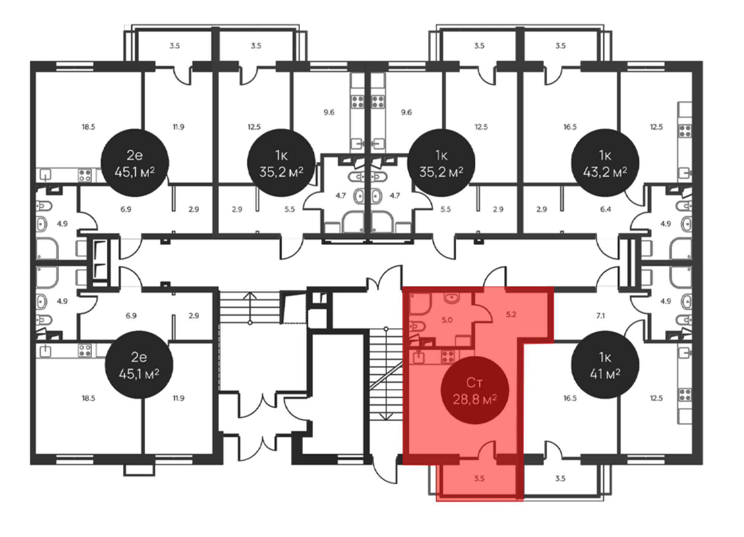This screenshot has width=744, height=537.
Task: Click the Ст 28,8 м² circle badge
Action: point(474,390)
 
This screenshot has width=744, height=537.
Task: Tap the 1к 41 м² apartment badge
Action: point(605,365)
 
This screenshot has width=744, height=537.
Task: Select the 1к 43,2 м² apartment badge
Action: point(605,163)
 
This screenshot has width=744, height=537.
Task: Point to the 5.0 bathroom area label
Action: point(447,320)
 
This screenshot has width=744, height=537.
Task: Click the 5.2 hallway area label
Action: point(511,314)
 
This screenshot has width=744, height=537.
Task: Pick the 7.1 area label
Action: point(600,316)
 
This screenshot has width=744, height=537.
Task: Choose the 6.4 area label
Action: point(605,209)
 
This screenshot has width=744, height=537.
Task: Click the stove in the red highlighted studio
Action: point(448,357)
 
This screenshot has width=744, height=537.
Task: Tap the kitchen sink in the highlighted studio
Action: point(419,357)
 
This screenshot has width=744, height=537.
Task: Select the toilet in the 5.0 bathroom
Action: point(417,327)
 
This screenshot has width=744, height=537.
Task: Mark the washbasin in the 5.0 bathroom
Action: point(452,298)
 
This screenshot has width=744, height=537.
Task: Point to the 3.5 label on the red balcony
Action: point(479,478)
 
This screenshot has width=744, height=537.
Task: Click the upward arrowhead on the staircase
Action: point(250,296)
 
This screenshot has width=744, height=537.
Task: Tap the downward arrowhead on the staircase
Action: point(386,417)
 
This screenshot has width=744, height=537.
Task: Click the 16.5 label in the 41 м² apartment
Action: point(570,398)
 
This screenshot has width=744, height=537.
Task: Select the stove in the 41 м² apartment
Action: point(685,395)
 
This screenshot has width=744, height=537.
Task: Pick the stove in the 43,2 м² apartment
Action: point(685,131)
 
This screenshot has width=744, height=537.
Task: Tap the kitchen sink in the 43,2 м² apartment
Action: point(685,173)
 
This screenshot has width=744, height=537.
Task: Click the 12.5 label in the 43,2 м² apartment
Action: point(656,127)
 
